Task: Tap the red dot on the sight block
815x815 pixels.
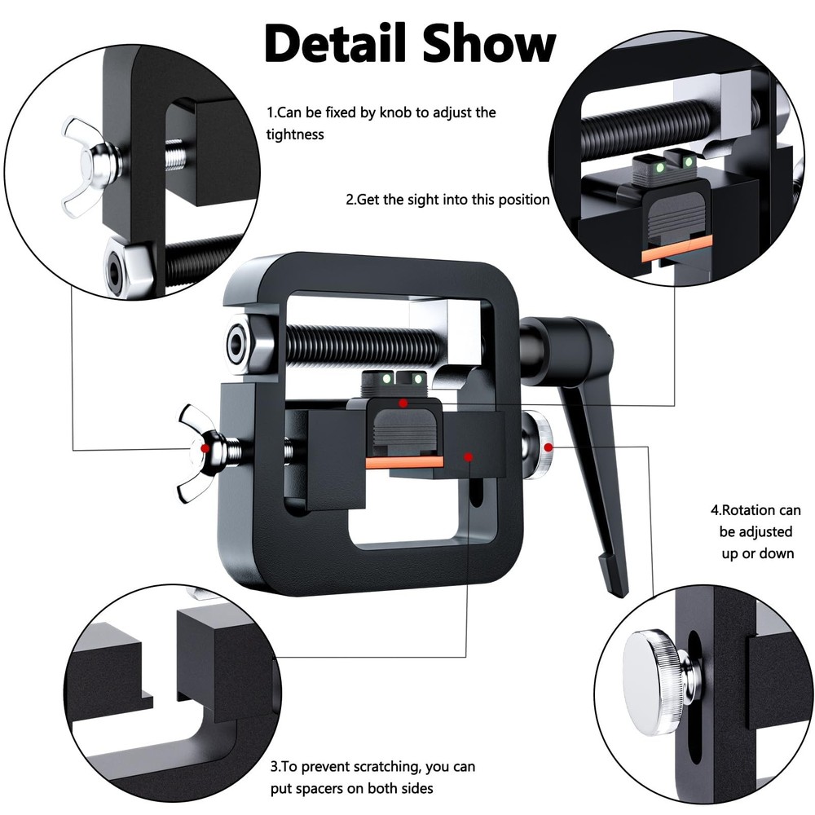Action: (x=401, y=403)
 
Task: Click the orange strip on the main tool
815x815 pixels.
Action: (x=403, y=462)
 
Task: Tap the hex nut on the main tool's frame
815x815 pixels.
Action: (x=240, y=343)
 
